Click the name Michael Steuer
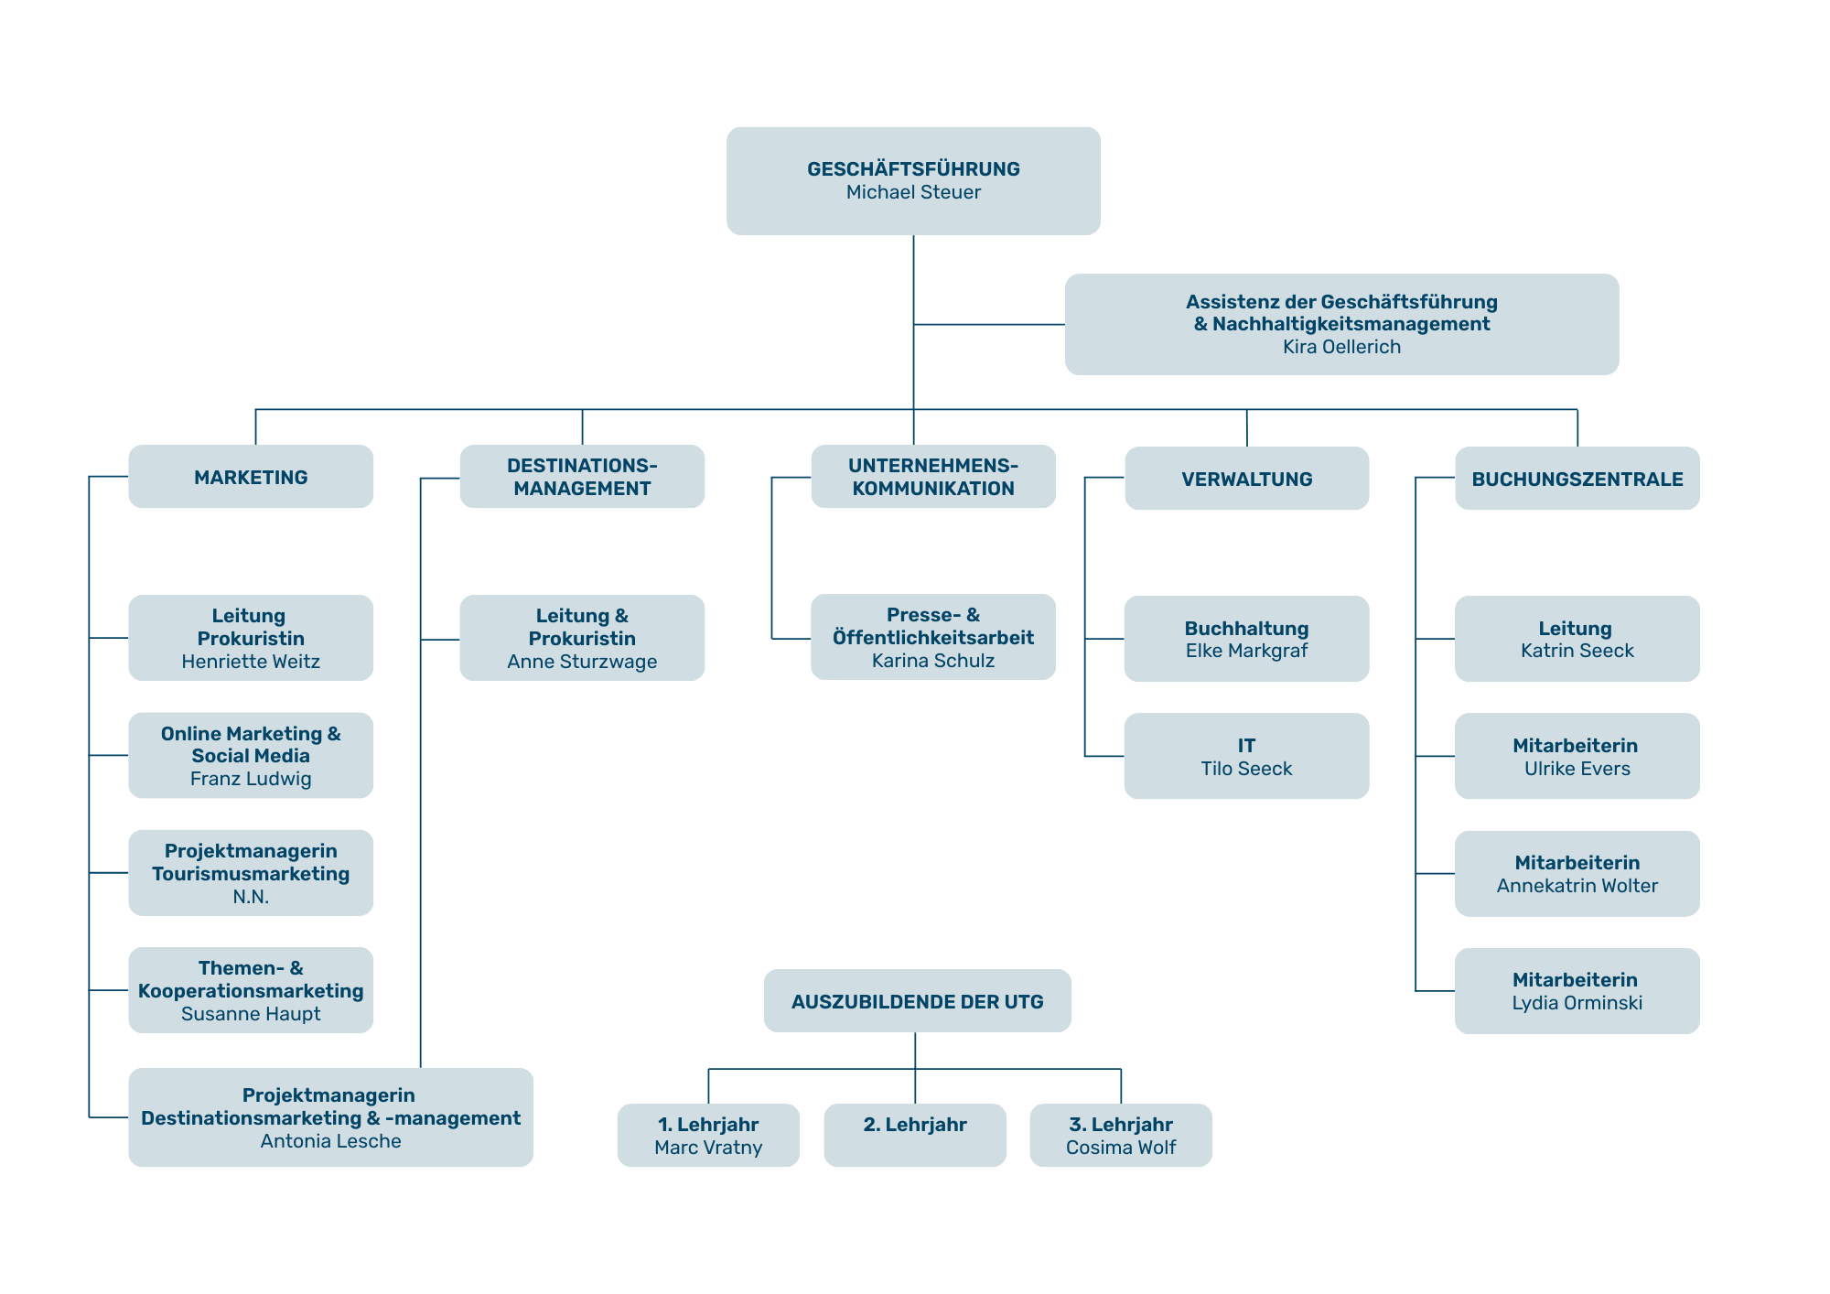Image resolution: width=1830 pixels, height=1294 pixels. click(x=913, y=192)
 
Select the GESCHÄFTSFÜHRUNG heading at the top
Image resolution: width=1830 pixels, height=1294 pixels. click(x=913, y=168)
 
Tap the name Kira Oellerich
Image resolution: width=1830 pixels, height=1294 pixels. click(x=1341, y=347)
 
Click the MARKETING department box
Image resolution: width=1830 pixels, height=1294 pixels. click(x=251, y=477)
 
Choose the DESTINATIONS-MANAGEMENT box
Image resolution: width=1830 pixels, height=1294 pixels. click(x=582, y=477)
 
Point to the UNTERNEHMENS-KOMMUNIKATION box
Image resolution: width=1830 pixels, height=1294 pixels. click(x=933, y=477)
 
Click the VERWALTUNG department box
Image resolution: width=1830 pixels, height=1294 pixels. click(x=1246, y=479)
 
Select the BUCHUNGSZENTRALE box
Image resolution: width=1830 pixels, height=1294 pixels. click(x=1577, y=479)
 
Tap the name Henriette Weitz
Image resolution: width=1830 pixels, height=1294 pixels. click(x=251, y=662)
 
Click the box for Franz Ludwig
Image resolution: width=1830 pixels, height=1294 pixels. click(x=251, y=756)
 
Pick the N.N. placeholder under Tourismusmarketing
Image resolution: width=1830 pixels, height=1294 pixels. click(x=251, y=897)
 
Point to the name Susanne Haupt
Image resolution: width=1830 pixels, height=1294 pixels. click(x=251, y=1014)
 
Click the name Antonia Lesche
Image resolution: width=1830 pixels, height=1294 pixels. click(x=330, y=1141)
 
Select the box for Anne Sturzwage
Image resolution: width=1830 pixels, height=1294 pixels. click(x=582, y=639)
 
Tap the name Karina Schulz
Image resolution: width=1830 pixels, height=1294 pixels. click(x=932, y=661)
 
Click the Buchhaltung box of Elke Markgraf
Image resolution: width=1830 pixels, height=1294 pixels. click(x=1246, y=639)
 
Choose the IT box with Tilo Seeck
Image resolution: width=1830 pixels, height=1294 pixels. click(x=1246, y=756)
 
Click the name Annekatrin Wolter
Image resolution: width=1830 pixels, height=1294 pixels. click(x=1577, y=886)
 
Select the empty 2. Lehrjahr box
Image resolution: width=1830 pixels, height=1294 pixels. click(x=914, y=1136)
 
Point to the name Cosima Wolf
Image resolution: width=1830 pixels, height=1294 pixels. click(x=1120, y=1148)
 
